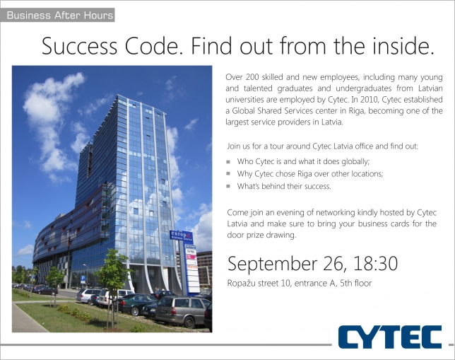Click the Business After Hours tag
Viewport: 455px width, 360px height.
pos(57,15)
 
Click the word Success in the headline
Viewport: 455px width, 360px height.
pos(80,46)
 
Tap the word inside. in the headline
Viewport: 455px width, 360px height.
pos(403,45)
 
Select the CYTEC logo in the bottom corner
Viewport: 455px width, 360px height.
pos(390,337)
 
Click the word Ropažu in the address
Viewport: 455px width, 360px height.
pos(239,283)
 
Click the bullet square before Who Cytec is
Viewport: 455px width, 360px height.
pos(228,161)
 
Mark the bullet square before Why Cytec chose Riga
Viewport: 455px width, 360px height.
pos(228,174)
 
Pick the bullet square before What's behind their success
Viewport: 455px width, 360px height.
pos(228,186)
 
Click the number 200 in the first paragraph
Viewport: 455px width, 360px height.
pos(252,77)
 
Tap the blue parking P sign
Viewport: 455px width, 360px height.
pos(83,279)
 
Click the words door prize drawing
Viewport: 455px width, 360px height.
pos(261,235)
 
